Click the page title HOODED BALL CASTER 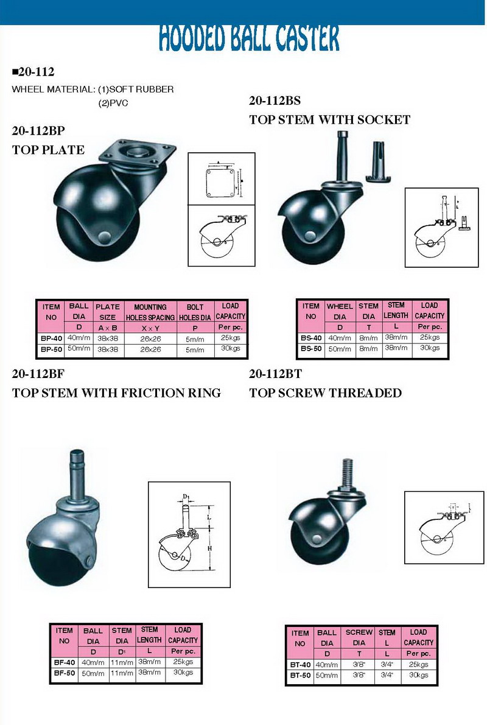(x=249, y=38)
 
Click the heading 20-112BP (x=38, y=131)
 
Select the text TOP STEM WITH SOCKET (x=329, y=120)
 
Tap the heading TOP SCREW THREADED (x=325, y=393)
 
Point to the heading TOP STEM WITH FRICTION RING (x=116, y=393)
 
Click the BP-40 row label (x=51, y=339)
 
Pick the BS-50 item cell (x=310, y=348)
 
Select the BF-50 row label (x=64, y=673)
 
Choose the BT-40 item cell (x=300, y=665)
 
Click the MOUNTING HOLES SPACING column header (x=150, y=312)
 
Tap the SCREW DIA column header (x=359, y=637)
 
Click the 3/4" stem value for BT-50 (x=387, y=676)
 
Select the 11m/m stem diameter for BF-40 (x=122, y=662)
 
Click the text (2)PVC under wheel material (x=113, y=103)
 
